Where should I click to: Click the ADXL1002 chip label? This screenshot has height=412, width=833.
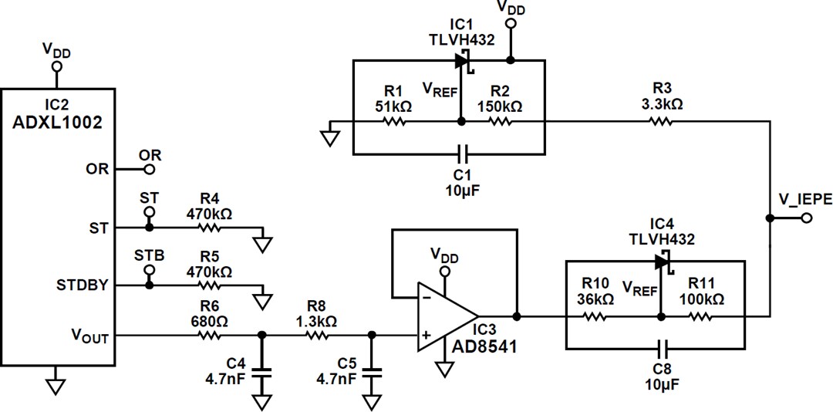57,121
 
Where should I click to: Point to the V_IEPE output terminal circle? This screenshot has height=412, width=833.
807,218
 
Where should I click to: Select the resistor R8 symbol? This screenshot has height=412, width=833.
318,335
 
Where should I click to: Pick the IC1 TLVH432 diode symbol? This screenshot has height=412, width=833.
463,59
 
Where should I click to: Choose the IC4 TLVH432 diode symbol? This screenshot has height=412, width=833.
662,262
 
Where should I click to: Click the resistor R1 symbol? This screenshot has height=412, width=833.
395,121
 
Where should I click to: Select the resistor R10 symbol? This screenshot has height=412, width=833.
595,316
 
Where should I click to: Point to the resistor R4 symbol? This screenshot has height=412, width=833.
209,228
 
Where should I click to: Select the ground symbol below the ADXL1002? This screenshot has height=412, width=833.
54,384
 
